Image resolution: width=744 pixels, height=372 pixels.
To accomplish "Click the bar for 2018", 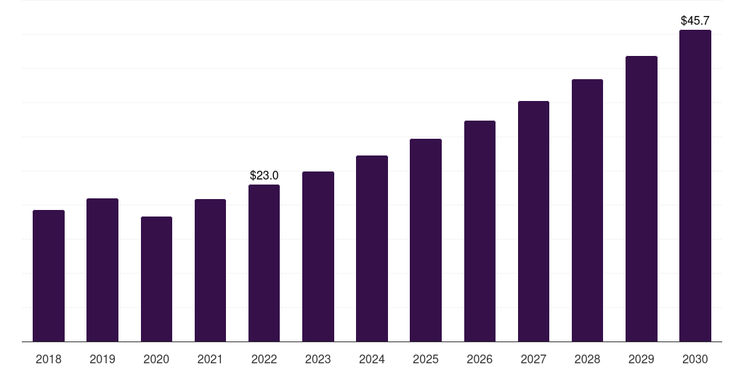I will pyautogui.click(x=49, y=276).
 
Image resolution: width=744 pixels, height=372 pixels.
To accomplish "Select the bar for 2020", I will pyautogui.click(x=156, y=279).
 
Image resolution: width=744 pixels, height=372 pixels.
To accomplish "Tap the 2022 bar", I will pyautogui.click(x=264, y=263).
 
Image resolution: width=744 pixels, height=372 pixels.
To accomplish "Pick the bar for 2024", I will pyautogui.click(x=372, y=248).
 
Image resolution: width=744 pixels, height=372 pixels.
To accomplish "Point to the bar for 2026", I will pyautogui.click(x=480, y=231).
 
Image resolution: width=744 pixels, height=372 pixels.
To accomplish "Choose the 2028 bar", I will pyautogui.click(x=587, y=211).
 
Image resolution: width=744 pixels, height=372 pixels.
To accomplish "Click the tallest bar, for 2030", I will pyautogui.click(x=695, y=186).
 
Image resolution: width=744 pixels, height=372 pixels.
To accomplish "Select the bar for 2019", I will pyautogui.click(x=102, y=270).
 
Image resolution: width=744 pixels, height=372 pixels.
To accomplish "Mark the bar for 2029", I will pyautogui.click(x=642, y=199).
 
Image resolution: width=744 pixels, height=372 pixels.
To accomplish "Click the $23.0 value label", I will pyautogui.click(x=264, y=175).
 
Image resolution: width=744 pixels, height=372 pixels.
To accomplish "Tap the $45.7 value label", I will pyautogui.click(x=695, y=20).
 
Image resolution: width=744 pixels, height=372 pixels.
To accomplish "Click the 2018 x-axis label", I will pyautogui.click(x=49, y=359).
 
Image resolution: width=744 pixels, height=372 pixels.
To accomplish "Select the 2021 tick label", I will pyautogui.click(x=210, y=359).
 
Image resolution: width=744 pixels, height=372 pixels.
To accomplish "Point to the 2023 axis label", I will pyautogui.click(x=318, y=359).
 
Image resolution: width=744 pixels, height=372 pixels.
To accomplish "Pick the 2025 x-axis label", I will pyautogui.click(x=426, y=359).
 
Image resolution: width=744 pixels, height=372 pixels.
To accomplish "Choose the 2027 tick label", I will pyautogui.click(x=533, y=359).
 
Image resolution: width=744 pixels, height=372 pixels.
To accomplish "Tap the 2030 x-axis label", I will pyautogui.click(x=695, y=359).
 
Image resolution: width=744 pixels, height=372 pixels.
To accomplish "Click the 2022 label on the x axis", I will pyautogui.click(x=264, y=359).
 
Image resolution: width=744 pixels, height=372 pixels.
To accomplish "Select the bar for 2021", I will pyautogui.click(x=210, y=270).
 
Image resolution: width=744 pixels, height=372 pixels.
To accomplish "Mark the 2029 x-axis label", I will pyautogui.click(x=642, y=359).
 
